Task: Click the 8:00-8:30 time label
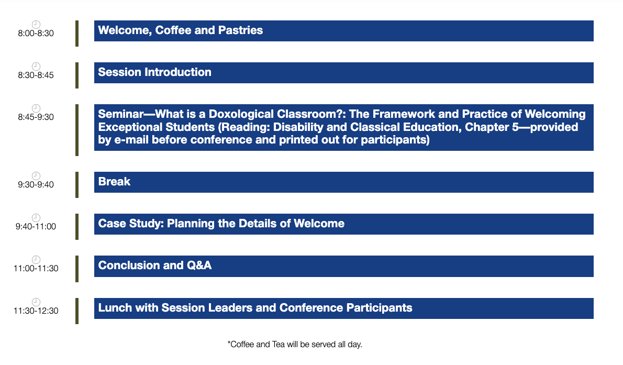coord(36,34)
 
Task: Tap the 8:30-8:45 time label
coord(36,75)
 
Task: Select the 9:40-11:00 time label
coord(36,227)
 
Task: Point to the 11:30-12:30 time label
coord(36,311)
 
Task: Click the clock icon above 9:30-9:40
coord(36,176)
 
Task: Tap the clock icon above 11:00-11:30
coord(36,260)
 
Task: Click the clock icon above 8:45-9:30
coord(36,108)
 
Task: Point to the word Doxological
coord(241,114)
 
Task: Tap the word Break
coord(114,182)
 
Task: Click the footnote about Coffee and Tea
coord(295,345)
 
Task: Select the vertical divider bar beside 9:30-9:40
coord(77,185)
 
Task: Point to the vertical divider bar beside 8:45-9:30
coord(77,130)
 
